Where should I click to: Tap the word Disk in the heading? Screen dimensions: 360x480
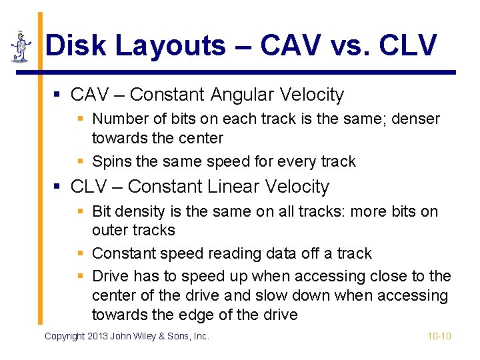click(x=77, y=46)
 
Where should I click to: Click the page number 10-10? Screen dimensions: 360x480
click(x=439, y=336)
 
